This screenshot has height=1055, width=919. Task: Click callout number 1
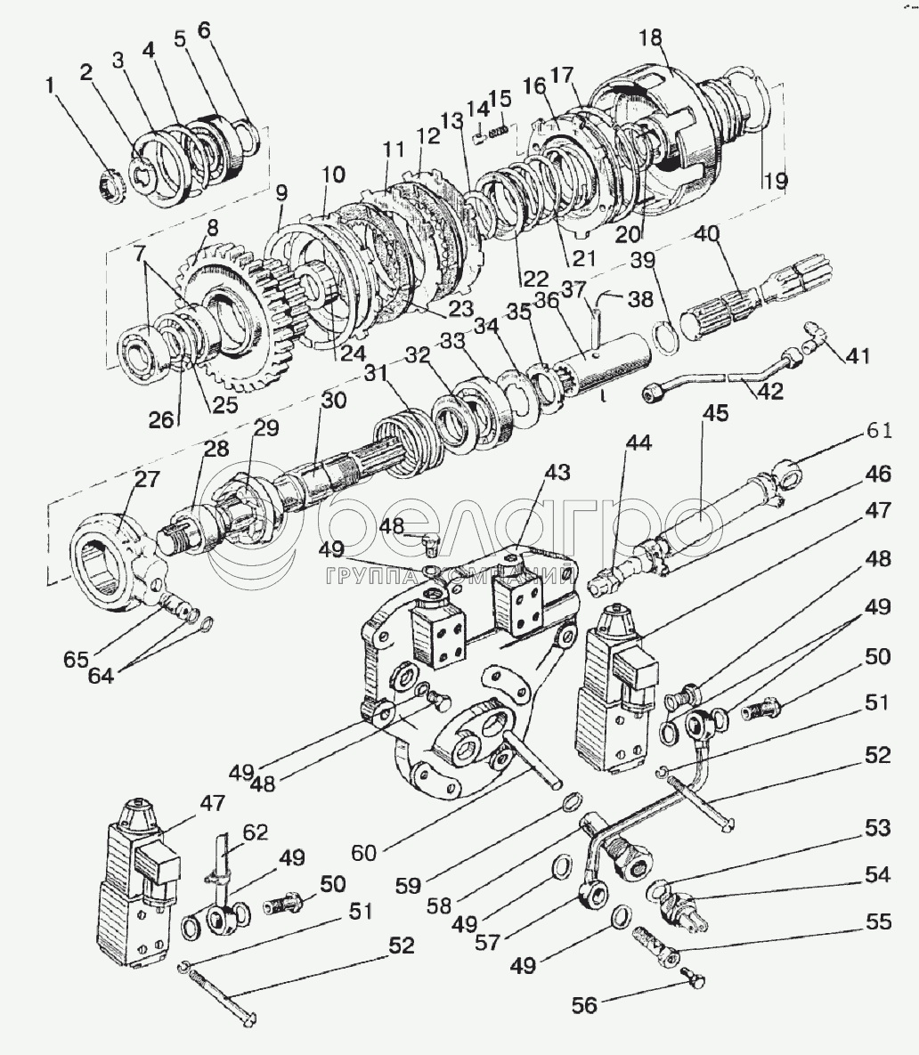(x=51, y=85)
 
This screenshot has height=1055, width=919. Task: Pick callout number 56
(x=585, y=1004)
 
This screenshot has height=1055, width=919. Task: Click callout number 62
(x=256, y=834)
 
